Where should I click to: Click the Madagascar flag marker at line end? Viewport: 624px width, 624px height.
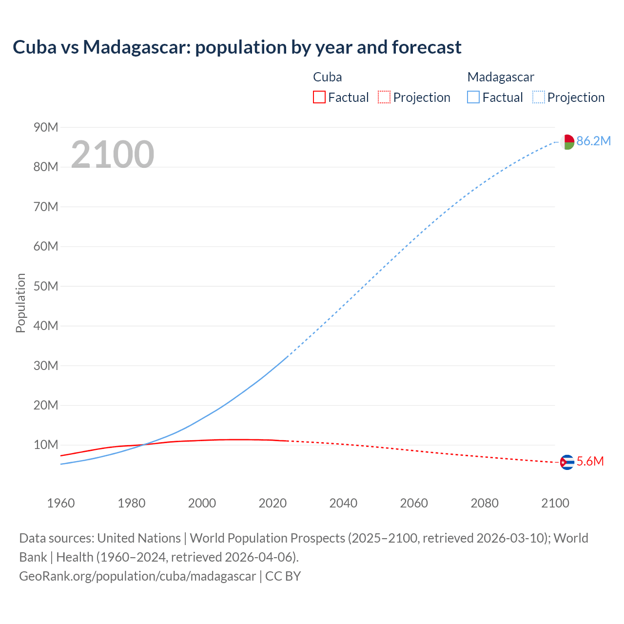pyautogui.click(x=567, y=142)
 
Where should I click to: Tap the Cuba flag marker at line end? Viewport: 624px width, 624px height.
pyautogui.click(x=567, y=462)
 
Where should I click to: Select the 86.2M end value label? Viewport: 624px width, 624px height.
pyautogui.click(x=593, y=141)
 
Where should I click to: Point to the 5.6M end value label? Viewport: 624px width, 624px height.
pyautogui.click(x=590, y=461)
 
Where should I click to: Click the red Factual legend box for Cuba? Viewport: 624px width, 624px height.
pyautogui.click(x=319, y=97)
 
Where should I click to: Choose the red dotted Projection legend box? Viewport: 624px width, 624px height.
pyautogui.click(x=384, y=97)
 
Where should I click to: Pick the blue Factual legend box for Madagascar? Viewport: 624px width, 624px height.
pyautogui.click(x=473, y=97)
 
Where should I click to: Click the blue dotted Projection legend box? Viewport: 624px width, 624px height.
pyautogui.click(x=539, y=97)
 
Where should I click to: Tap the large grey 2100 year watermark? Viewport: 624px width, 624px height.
pyautogui.click(x=113, y=155)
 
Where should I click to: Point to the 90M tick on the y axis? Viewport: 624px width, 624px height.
pyautogui.click(x=46, y=127)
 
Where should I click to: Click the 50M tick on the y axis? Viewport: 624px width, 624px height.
pyautogui.click(x=46, y=286)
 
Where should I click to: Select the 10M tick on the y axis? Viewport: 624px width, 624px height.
pyautogui.click(x=46, y=445)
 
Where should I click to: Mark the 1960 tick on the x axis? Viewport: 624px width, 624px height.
pyautogui.click(x=61, y=503)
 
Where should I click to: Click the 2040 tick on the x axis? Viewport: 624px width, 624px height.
pyautogui.click(x=343, y=503)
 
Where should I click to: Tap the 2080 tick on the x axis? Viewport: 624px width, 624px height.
pyautogui.click(x=485, y=503)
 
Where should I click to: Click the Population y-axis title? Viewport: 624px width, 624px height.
pyautogui.click(x=20, y=303)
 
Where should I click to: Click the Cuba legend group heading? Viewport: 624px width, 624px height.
pyautogui.click(x=327, y=77)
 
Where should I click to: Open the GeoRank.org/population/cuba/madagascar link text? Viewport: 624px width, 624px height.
pyautogui.click(x=137, y=576)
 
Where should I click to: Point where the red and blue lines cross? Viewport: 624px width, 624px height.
pyautogui.click(x=143, y=445)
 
